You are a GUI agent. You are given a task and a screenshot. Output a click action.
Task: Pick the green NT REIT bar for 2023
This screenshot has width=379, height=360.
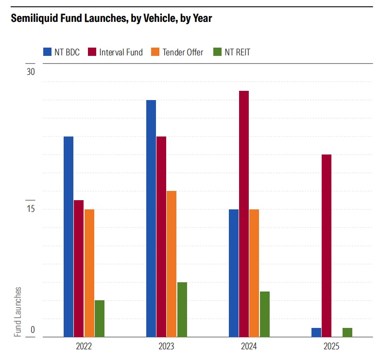[x=182, y=309]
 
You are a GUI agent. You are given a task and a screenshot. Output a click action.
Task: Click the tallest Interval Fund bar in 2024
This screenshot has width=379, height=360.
[x=244, y=214]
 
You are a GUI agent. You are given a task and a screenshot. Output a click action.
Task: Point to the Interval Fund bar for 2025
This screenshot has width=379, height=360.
[x=327, y=245]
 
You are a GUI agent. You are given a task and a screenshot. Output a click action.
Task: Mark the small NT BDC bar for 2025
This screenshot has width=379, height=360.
[x=316, y=332]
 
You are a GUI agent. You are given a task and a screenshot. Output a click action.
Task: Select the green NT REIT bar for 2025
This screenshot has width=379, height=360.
[x=347, y=332]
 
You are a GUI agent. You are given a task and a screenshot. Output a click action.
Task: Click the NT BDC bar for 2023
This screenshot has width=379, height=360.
[x=151, y=218]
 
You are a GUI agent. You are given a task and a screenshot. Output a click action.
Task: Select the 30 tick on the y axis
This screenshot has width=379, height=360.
[x=31, y=72]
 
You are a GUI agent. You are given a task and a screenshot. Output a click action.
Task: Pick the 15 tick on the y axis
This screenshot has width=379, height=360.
[x=31, y=209]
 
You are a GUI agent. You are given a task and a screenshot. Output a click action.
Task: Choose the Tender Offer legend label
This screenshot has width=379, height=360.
[x=182, y=52]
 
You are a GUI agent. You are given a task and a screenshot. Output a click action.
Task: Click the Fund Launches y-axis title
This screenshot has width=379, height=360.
[x=18, y=311]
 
